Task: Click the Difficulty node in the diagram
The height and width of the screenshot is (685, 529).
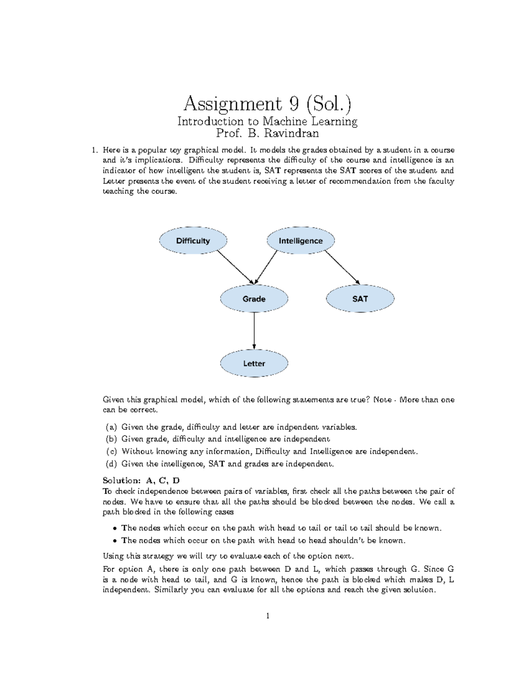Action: pos(193,241)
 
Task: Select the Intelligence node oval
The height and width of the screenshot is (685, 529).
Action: pos(301,241)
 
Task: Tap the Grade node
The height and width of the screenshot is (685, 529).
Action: pos(254,299)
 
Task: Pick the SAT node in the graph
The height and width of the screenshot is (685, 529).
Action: pos(360,299)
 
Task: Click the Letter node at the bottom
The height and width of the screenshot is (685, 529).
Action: pos(254,363)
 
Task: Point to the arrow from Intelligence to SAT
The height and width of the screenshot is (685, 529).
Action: pos(343,267)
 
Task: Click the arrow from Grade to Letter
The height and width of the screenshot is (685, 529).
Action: pos(254,331)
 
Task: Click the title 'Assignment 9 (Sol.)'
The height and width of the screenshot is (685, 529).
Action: pos(268,104)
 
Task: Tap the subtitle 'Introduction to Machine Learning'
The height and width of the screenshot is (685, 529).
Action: pos(267,121)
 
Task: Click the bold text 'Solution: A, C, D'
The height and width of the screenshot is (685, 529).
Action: pos(141,480)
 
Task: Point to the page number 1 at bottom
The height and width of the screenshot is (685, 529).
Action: pos(267,616)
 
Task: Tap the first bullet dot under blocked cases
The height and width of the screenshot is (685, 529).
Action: pos(115,528)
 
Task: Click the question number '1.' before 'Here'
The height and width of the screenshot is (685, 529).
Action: pos(94,150)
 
